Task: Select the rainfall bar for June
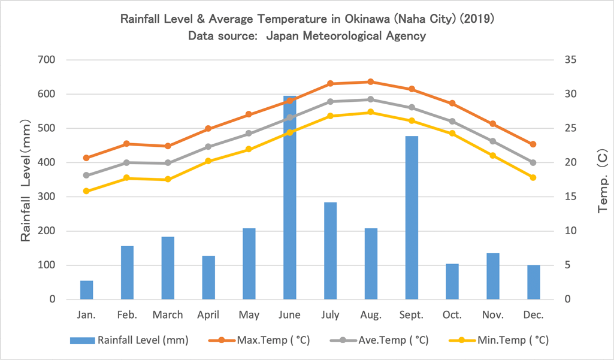pos(289,198)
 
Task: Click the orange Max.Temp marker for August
pos(371,81)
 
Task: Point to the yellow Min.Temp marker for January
pos(86,191)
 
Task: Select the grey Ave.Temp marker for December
pos(533,162)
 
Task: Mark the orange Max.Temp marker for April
pos(208,129)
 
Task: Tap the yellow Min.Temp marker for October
pos(452,134)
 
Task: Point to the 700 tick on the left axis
pos(47,60)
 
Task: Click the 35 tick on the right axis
pos(569,60)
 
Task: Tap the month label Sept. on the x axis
pos(412,315)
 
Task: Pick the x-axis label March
pos(168,315)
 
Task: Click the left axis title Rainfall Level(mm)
pos(26,180)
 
